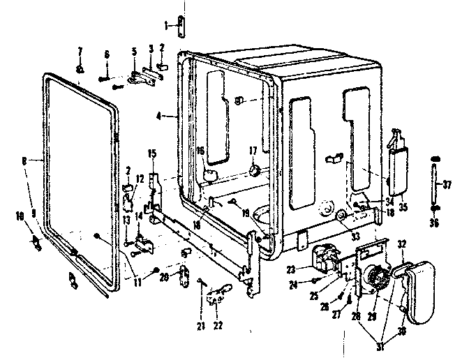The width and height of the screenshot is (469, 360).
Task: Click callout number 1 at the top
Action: [165, 25]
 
